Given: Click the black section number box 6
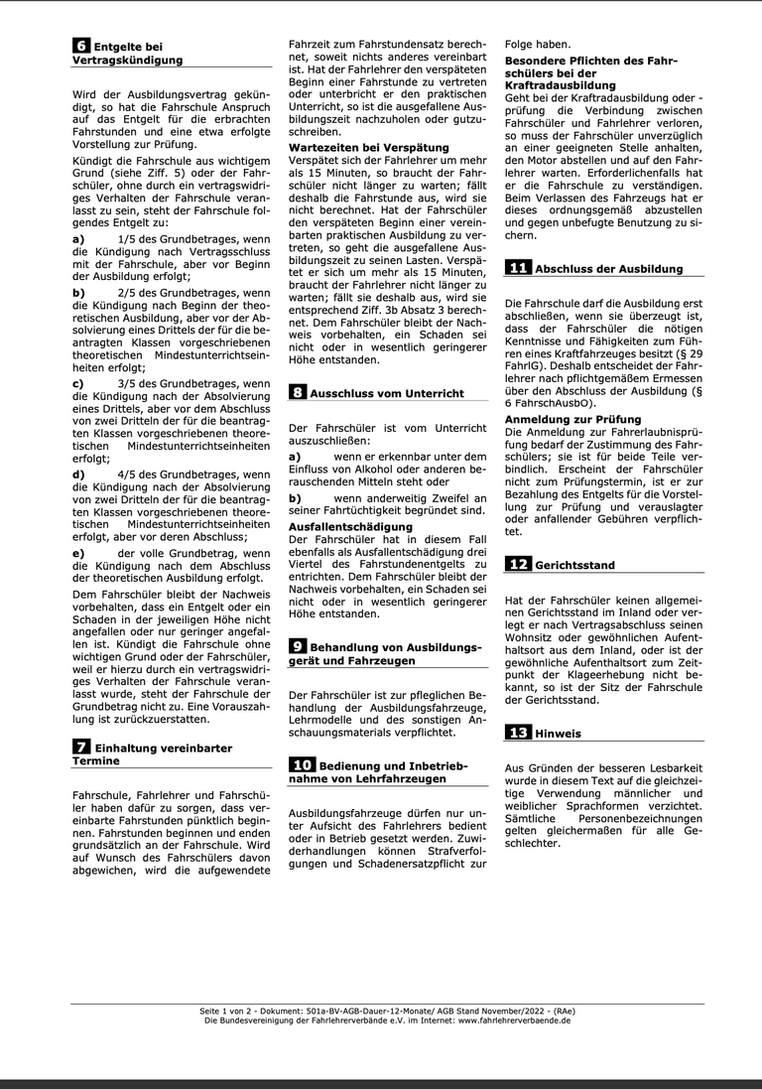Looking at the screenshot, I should click(81, 45).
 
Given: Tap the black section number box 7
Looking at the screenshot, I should click(81, 746).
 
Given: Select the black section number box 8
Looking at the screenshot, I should click(298, 392).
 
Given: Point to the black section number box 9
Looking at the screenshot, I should click(298, 645).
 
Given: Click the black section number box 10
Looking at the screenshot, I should click(302, 764).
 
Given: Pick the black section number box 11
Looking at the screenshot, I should click(518, 268).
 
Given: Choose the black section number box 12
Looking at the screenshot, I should click(518, 564).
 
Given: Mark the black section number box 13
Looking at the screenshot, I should click(518, 733).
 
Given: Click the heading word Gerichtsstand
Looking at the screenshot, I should click(574, 565).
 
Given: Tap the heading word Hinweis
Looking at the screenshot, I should click(559, 734).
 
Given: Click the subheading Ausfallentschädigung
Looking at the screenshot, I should click(350, 526).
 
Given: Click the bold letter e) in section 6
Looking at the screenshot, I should click(78, 552).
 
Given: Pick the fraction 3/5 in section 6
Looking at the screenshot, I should click(127, 382).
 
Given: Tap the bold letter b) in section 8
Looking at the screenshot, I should click(295, 497).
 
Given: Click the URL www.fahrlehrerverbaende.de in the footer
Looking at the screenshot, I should click(514, 1020).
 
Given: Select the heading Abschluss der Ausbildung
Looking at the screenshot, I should click(608, 269).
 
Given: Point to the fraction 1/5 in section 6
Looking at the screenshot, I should click(127, 239).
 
